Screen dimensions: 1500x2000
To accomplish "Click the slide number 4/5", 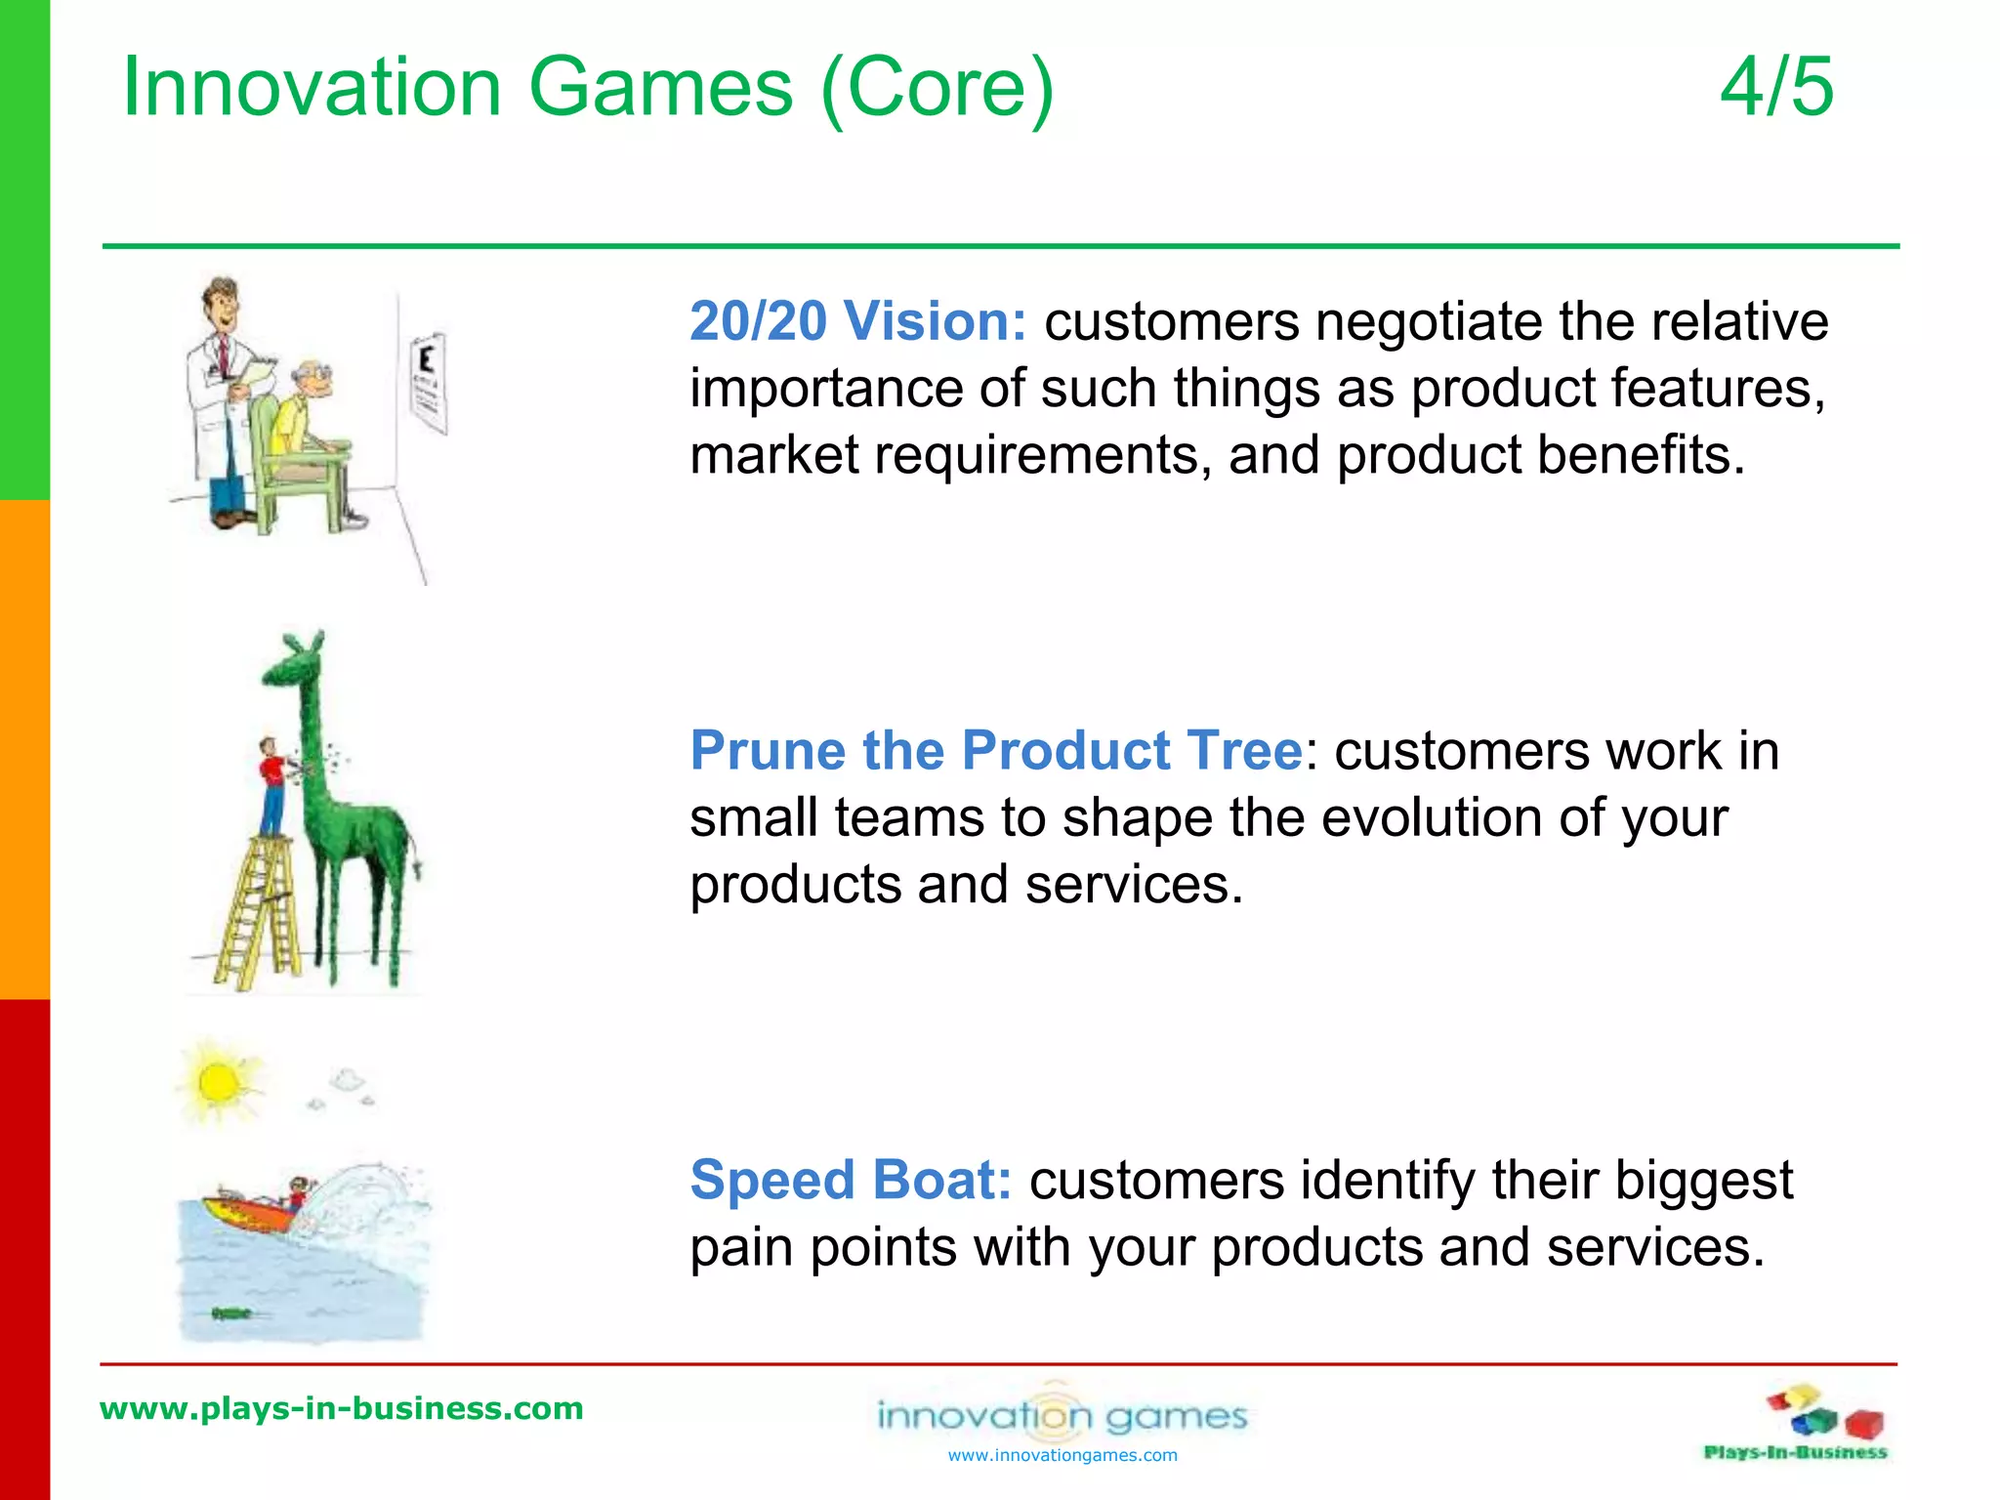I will point(1776,88).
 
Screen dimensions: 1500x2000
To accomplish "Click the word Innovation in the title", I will point(312,88).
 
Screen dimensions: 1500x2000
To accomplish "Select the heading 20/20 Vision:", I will point(857,321).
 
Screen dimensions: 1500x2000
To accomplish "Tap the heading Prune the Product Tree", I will point(995,751).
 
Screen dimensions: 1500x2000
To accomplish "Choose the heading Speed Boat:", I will point(851,1181).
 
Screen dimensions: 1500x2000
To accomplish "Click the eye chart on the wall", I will point(427,382).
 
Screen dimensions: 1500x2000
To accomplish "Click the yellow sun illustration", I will point(217,1082).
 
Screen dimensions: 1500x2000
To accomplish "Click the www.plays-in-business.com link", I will point(342,1408).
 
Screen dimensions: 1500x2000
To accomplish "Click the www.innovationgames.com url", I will point(1062,1456).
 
